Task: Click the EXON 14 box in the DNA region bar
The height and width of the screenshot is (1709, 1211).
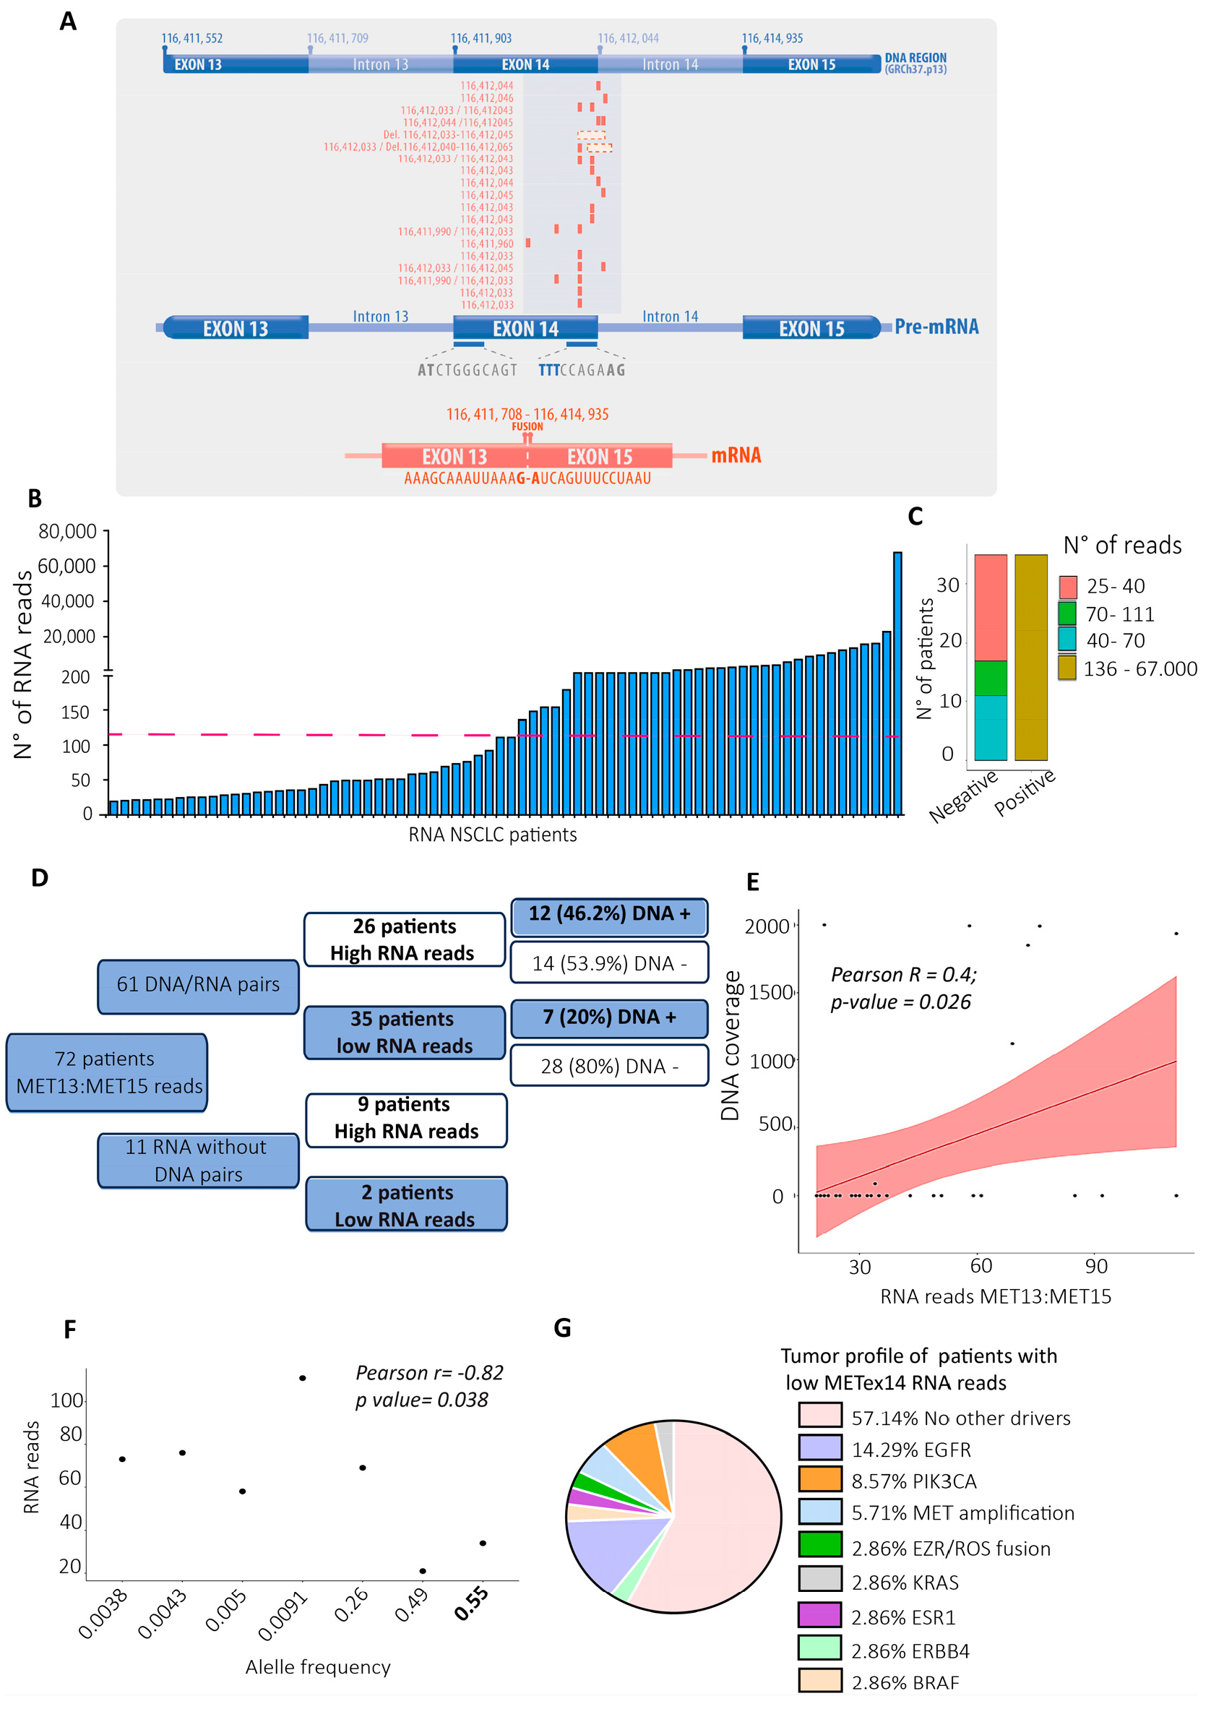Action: point(525,65)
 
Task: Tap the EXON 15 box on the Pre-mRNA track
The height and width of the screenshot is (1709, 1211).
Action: point(811,328)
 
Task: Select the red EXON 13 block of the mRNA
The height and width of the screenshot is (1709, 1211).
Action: point(454,456)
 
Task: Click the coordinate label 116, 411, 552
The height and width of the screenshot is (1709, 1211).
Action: point(191,39)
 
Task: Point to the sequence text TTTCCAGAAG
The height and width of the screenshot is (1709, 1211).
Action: point(582,370)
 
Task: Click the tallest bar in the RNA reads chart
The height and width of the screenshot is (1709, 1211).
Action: point(897,682)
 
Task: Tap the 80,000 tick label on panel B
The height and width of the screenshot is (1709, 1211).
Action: point(67,532)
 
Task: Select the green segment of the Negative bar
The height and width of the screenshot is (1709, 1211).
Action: point(991,678)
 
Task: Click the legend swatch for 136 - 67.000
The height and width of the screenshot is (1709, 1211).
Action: point(1067,668)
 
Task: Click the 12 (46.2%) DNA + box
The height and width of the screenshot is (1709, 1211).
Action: point(609,915)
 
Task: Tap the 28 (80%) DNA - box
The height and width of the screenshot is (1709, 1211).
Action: point(609,1066)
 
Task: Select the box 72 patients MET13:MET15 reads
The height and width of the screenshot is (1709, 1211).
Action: point(108,1072)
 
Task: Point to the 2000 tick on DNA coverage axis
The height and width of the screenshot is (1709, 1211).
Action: point(767,926)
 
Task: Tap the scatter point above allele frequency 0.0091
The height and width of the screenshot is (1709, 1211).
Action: point(302,1378)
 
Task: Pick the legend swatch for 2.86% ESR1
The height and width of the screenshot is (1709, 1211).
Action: point(819,1617)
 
